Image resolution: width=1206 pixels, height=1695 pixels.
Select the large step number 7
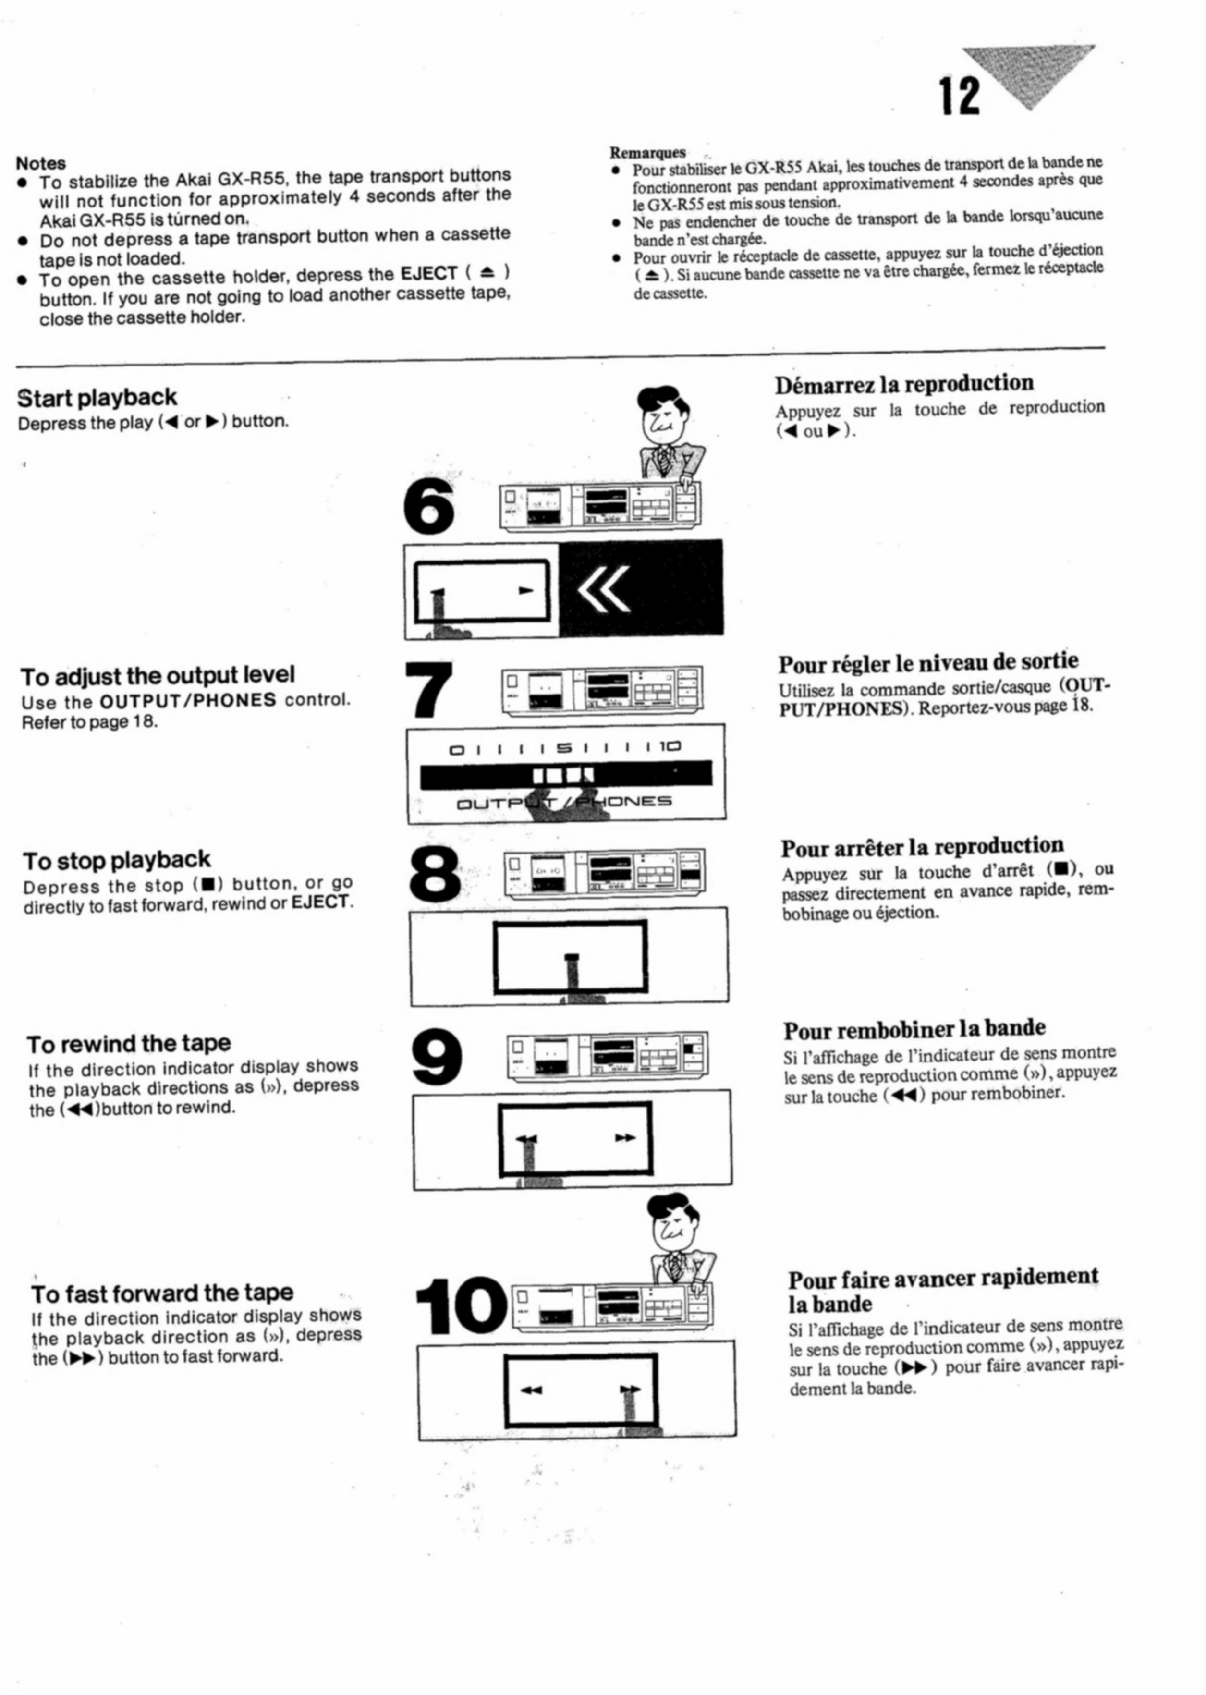[x=429, y=689]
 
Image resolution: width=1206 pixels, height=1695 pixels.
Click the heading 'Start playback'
[x=97, y=398]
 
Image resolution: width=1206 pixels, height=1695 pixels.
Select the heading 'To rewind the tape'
[x=128, y=1044]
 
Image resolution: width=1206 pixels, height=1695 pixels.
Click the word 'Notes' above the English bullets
[x=41, y=163]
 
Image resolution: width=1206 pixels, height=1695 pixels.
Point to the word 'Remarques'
[x=647, y=152]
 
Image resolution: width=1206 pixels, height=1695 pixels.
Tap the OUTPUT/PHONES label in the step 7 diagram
[x=564, y=802]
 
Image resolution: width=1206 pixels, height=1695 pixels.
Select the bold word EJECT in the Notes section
[x=428, y=273]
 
